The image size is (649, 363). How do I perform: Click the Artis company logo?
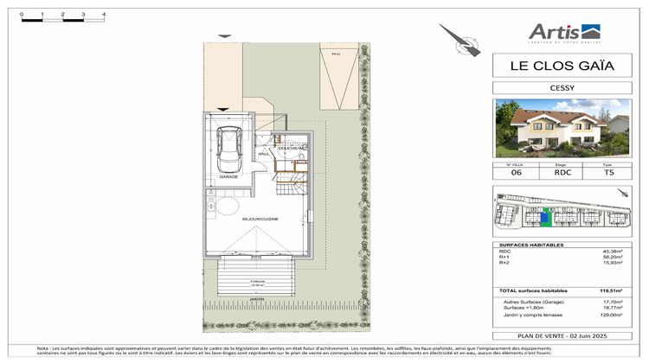point(561,34)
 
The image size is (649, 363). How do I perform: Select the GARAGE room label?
point(228,176)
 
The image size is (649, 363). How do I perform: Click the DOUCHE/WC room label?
point(291,149)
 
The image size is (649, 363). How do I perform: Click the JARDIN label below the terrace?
point(257,298)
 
